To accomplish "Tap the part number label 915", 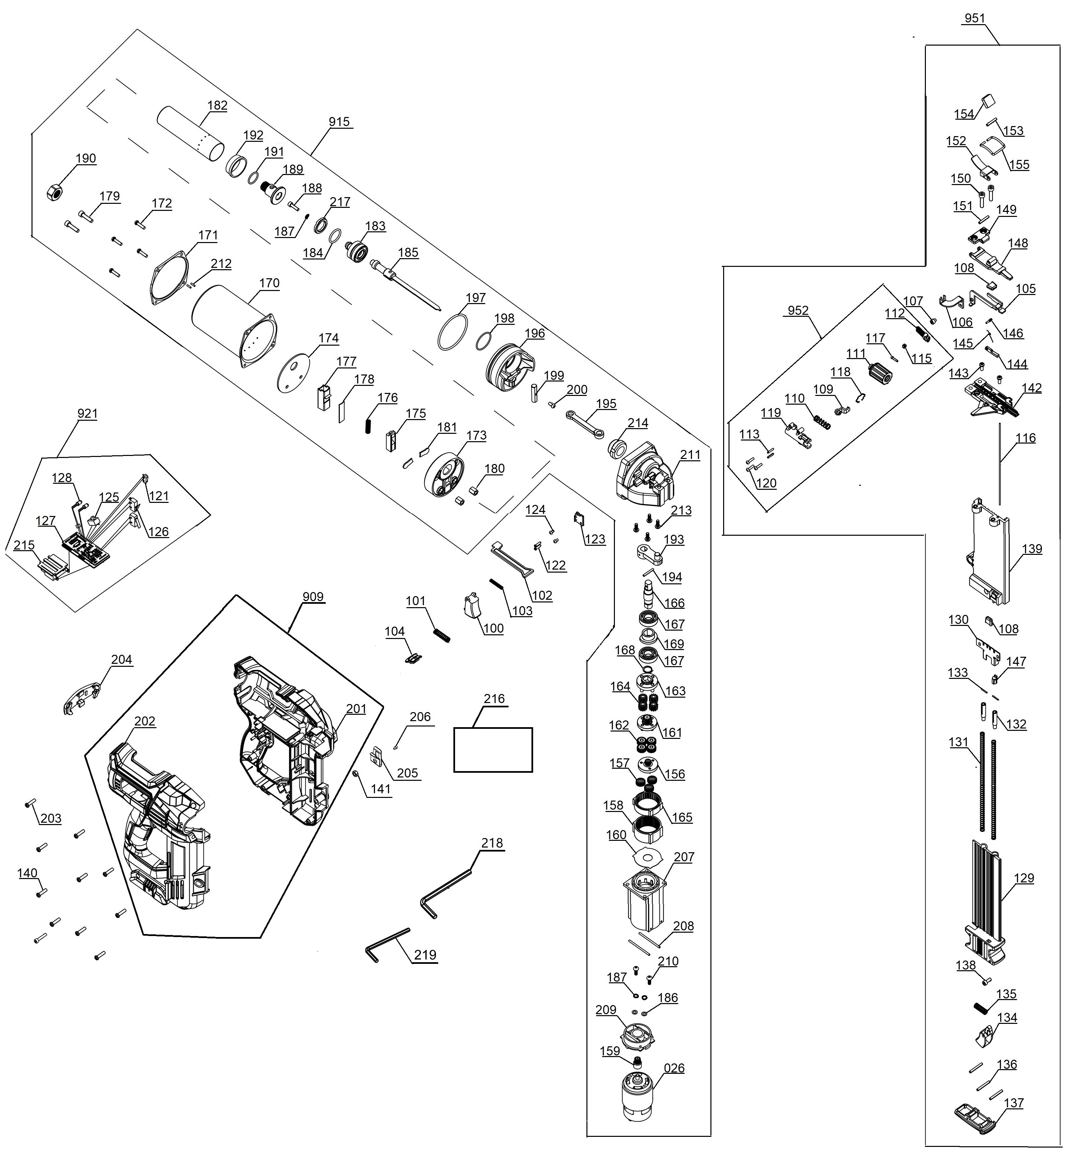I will click(x=339, y=122).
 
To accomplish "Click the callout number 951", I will click(x=974, y=18).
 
